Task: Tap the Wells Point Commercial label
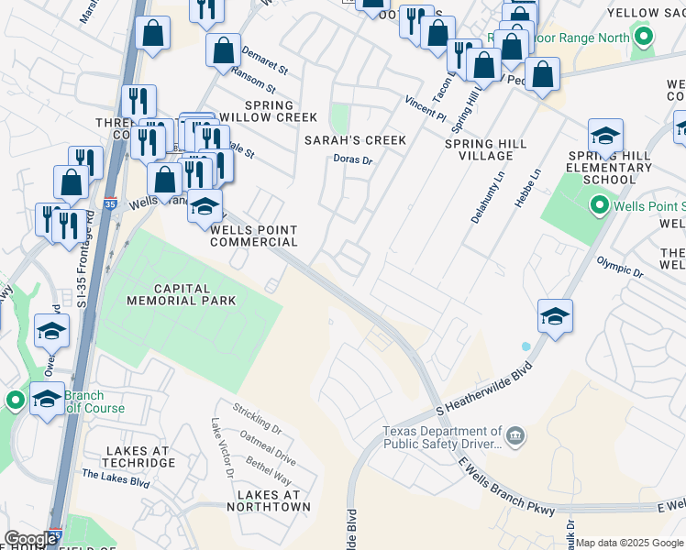pyautogui.click(x=254, y=236)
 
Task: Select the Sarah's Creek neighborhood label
pyautogui.click(x=356, y=140)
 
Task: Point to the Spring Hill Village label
pyautogui.click(x=489, y=150)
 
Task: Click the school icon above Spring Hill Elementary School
pyautogui.click(x=606, y=136)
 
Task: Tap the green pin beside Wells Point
pyautogui.click(x=601, y=206)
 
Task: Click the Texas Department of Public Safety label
pyautogui.click(x=443, y=438)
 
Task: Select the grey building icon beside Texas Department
pyautogui.click(x=516, y=433)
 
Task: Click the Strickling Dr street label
pyautogui.click(x=257, y=417)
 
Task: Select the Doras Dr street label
pyautogui.click(x=353, y=160)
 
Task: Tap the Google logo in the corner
pyautogui.click(x=30, y=539)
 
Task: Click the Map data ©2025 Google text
pyautogui.click(x=629, y=543)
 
